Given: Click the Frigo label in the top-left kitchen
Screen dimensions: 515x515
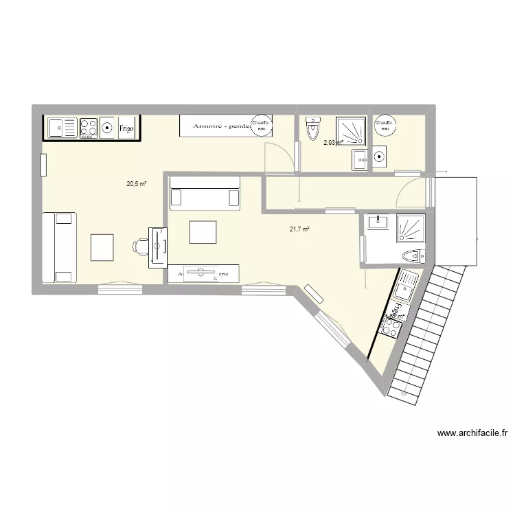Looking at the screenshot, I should (x=126, y=128).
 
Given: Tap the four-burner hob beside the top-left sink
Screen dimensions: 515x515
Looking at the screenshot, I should (x=89, y=127).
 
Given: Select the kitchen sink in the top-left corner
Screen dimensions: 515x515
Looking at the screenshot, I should (x=62, y=127).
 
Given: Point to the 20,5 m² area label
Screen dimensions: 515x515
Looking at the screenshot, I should (x=136, y=184).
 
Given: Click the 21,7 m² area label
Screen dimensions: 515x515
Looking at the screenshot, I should (x=299, y=229).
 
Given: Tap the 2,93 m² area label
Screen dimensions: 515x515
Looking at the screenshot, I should (x=333, y=143).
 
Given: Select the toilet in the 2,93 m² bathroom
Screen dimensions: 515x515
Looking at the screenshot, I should (x=314, y=128).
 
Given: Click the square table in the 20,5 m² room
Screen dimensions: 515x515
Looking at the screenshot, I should (x=102, y=247).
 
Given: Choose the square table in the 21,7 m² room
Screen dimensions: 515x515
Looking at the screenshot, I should (x=203, y=232).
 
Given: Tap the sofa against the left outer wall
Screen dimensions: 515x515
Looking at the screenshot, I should (x=58, y=247).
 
